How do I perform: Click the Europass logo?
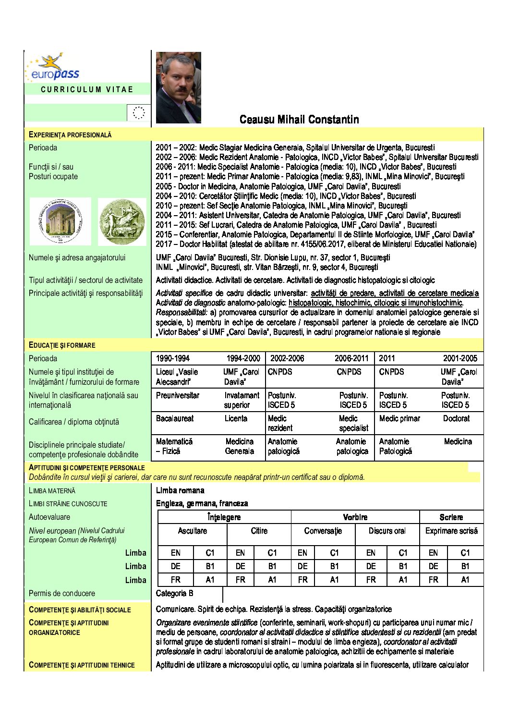pyautogui.click(x=52, y=67)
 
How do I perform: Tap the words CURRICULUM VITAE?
pyautogui.click(x=87, y=89)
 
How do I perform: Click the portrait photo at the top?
pyautogui.click(x=179, y=87)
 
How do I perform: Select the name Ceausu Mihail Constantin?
pyautogui.click(x=299, y=120)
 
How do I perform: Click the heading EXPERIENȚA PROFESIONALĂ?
pyautogui.click(x=70, y=135)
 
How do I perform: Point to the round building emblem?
pyautogui.click(x=60, y=221)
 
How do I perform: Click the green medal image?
pyautogui.click(x=122, y=222)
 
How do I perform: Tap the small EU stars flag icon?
pyautogui.click(x=139, y=113)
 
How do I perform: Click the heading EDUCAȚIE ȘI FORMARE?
pyautogui.click(x=62, y=345)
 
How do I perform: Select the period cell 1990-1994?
pyautogui.click(x=172, y=358)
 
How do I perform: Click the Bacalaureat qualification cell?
pyautogui.click(x=175, y=418)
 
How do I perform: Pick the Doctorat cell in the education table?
pyautogui.click(x=456, y=418)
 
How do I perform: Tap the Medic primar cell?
pyautogui.click(x=399, y=418)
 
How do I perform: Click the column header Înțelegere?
pyautogui.click(x=224, y=517)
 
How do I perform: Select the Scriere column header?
pyautogui.click(x=451, y=517)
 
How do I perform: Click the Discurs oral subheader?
pyautogui.click(x=387, y=531)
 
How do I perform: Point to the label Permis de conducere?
pyautogui.click(x=62, y=594)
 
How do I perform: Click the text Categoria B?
pyautogui.click(x=175, y=594)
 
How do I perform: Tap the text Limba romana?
pyautogui.click(x=180, y=490)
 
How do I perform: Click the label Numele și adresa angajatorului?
pyautogui.click(x=77, y=258)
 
